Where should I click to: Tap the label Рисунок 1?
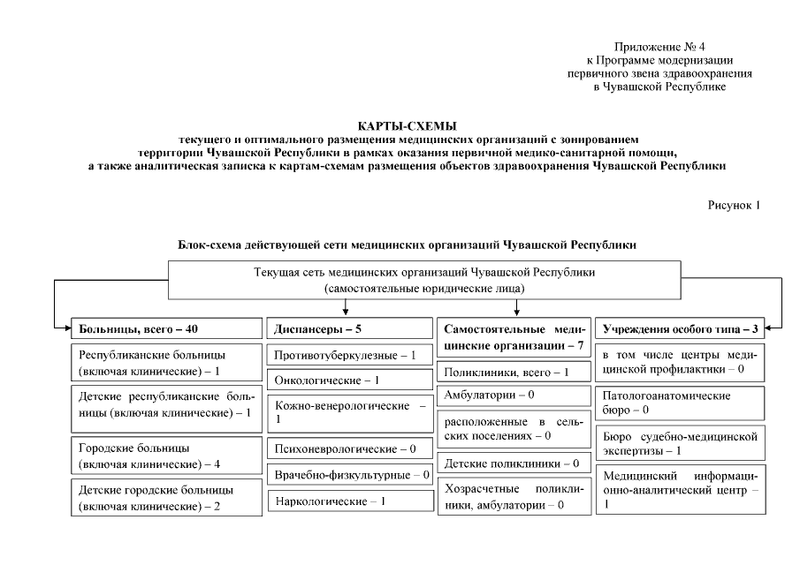[x=734, y=205]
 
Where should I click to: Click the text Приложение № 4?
[x=659, y=46]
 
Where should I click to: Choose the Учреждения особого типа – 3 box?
[x=681, y=328]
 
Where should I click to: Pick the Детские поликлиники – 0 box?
[x=514, y=463]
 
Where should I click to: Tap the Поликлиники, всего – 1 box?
[x=514, y=372]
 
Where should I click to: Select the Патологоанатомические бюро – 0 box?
[x=681, y=403]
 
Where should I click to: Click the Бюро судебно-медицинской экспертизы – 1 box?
[x=681, y=443]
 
